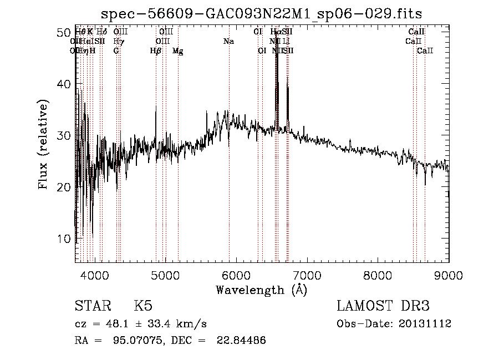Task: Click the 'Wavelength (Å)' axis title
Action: pos(261,290)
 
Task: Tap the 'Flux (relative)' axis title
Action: pos(44,144)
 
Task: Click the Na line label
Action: pos(228,41)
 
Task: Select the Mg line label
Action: pos(178,51)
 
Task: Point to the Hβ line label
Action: pos(156,50)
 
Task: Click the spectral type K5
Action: pos(143,306)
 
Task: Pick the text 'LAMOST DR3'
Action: pos(383,306)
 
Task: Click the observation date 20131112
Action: pos(425,324)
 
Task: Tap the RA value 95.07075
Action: pos(127,340)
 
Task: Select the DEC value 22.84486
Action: pos(238,340)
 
